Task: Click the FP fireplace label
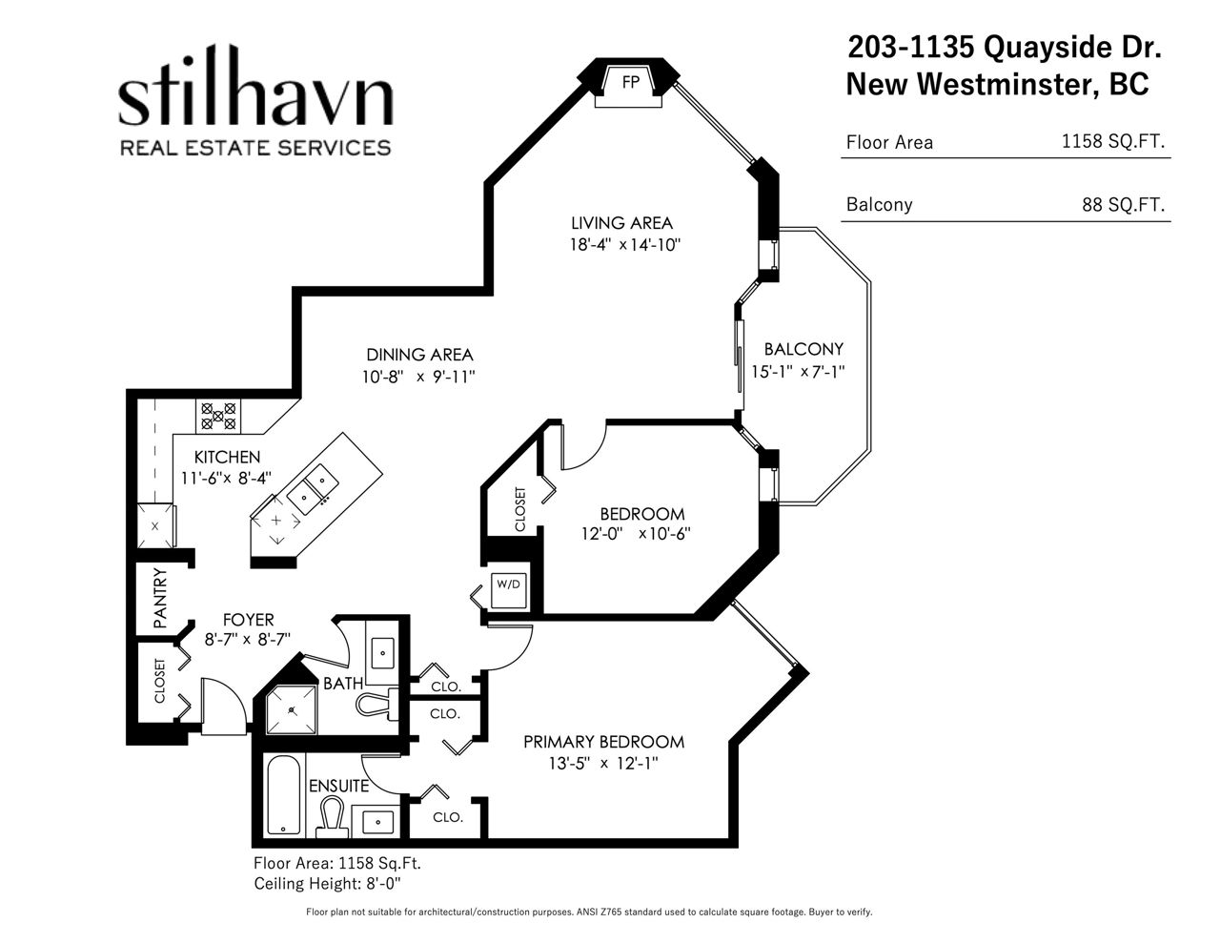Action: point(631,83)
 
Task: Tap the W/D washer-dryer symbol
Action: point(508,590)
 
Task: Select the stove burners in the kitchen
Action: point(218,416)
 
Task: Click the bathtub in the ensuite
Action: point(283,794)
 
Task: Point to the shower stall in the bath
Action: point(292,709)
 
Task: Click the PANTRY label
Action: point(160,598)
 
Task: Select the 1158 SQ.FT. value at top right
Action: point(1112,141)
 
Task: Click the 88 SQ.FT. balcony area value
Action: point(1123,204)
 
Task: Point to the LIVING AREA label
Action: point(621,223)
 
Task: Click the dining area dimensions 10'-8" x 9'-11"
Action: point(418,377)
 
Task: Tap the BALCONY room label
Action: point(803,349)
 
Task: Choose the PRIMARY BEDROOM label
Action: point(603,742)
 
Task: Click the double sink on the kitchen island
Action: point(313,488)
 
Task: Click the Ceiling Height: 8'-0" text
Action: point(327,884)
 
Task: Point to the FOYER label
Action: point(248,620)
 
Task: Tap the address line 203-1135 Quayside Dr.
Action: point(1004,47)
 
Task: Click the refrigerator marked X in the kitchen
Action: point(155,525)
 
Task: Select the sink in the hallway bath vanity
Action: point(382,653)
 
